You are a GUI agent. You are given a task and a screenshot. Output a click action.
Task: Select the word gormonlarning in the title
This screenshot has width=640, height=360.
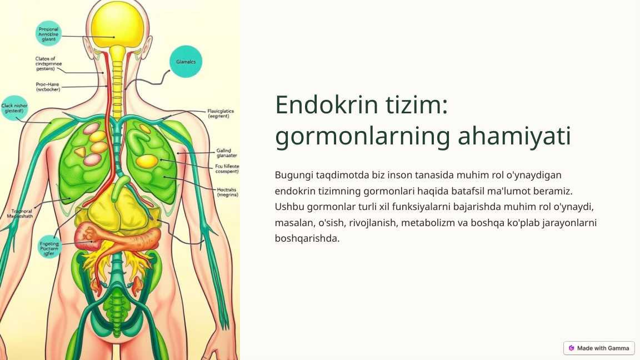(362, 137)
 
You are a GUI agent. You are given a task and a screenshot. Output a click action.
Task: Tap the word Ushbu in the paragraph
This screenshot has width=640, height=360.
(288, 207)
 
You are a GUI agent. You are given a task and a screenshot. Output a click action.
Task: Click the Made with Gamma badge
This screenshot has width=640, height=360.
(598, 348)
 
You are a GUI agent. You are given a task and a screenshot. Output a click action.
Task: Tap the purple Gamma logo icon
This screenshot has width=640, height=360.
(571, 348)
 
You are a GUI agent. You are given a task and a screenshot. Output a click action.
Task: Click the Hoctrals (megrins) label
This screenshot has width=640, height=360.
(227, 192)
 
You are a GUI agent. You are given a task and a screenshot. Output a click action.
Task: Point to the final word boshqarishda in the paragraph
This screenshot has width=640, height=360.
(307, 238)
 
